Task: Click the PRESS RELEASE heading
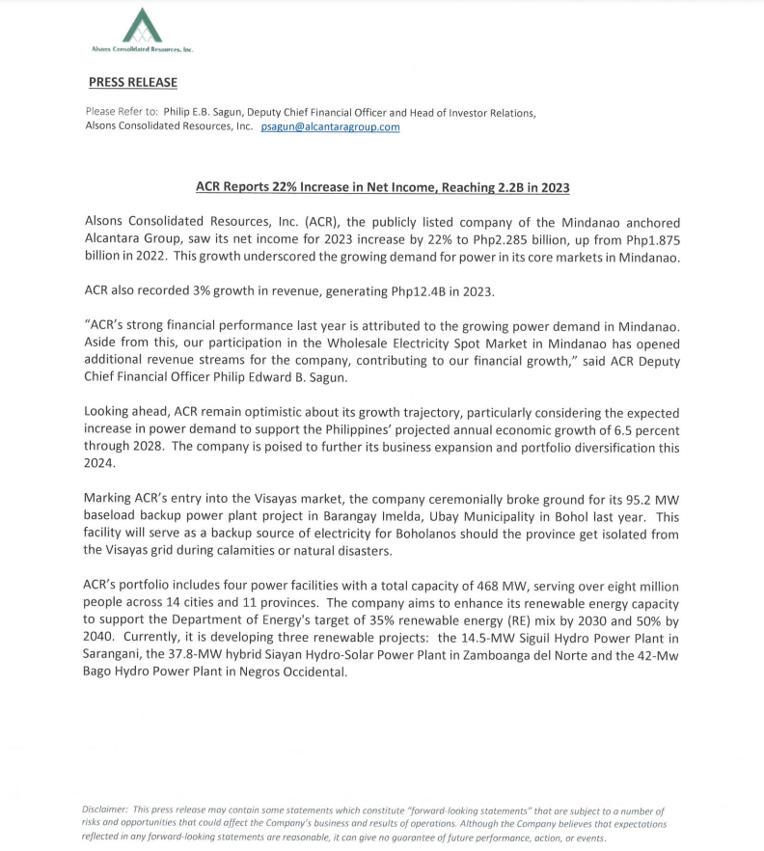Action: point(133,83)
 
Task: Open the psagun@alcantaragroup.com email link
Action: point(330,127)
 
